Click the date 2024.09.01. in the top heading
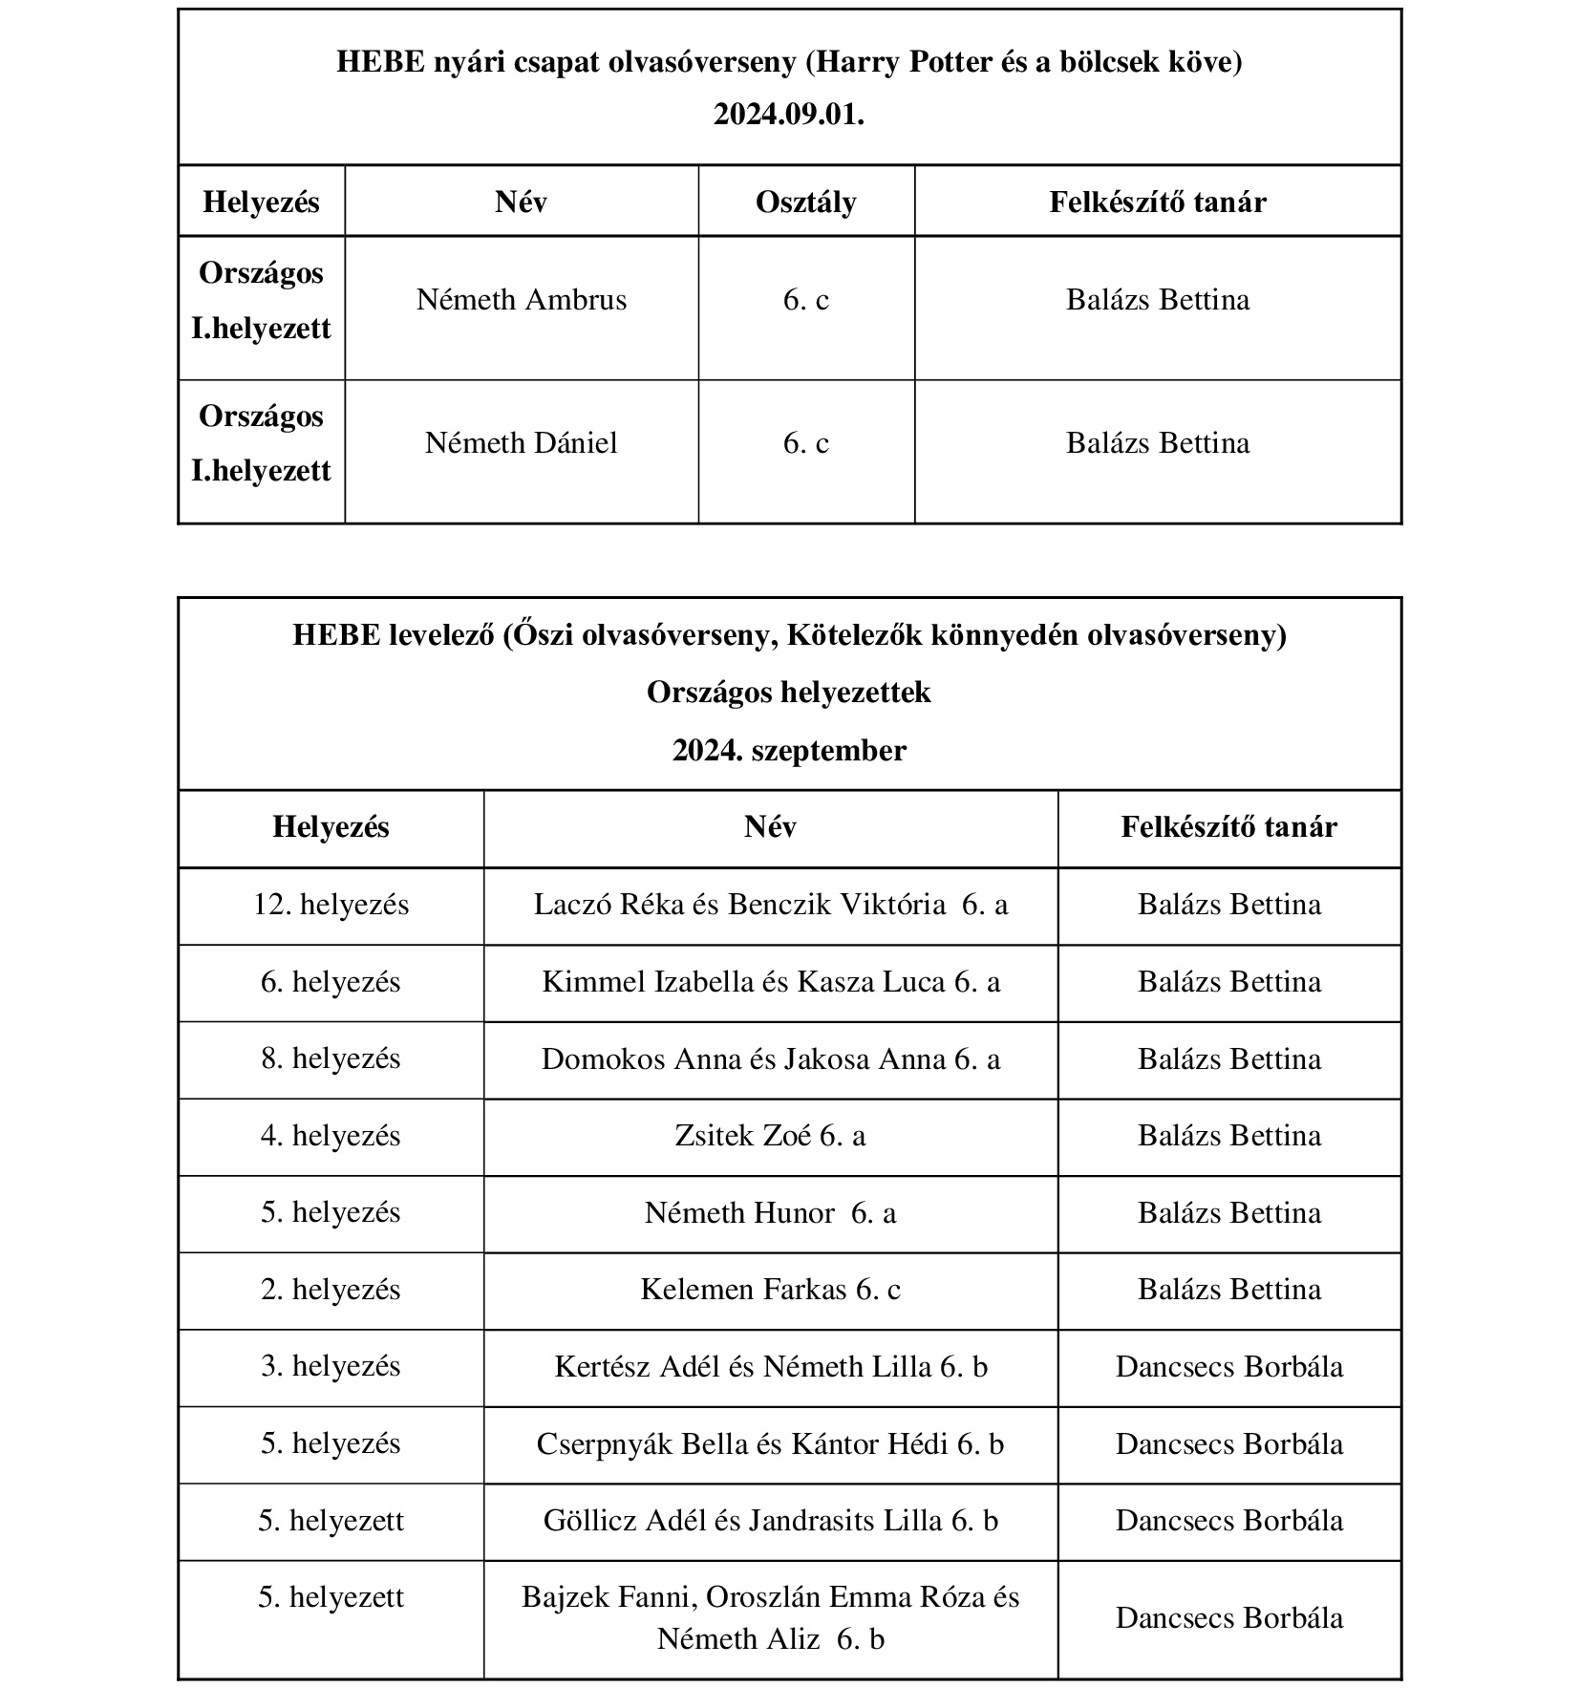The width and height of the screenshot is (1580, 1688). coord(788,115)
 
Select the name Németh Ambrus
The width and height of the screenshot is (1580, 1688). coord(522,300)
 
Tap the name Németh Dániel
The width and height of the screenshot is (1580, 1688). coord(522,443)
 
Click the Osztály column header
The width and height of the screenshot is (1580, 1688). coord(805,203)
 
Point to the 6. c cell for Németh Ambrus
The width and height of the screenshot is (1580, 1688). coord(805,300)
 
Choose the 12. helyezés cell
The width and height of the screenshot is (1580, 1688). coord(331,905)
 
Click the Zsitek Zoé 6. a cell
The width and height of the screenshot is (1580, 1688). coord(770,1136)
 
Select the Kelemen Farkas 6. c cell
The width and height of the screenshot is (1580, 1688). coord(770,1290)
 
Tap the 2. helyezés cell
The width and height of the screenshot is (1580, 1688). coord(331,1290)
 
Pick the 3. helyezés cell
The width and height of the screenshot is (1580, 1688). coord(331,1366)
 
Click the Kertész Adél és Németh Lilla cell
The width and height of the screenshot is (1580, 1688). coord(770,1367)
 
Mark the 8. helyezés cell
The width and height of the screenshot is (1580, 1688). coord(331,1058)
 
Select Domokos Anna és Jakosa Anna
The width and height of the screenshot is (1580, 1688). coord(770,1059)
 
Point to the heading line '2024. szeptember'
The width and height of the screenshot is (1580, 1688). coord(788,751)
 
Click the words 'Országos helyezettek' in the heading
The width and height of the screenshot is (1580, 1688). coord(788,693)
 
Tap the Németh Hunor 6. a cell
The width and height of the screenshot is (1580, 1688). coord(770,1213)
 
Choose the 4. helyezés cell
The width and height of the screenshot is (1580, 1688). coord(331,1136)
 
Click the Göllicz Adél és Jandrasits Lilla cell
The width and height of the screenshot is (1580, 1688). coord(770,1521)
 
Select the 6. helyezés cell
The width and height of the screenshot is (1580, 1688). coord(331,982)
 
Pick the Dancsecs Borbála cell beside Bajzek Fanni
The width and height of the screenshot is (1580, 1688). coord(1228,1618)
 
